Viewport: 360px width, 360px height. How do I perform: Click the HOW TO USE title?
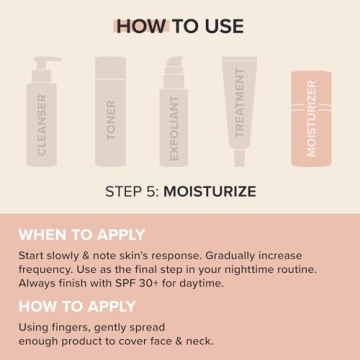click(x=179, y=26)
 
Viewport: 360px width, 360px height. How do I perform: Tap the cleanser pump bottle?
click(x=42, y=118)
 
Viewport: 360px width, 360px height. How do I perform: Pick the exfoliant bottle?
click(x=179, y=120)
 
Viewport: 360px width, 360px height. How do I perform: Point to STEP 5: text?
click(x=132, y=191)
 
